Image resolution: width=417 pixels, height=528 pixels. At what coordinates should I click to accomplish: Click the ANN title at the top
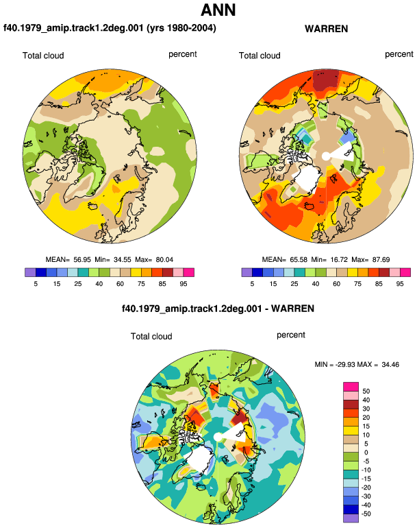(218, 10)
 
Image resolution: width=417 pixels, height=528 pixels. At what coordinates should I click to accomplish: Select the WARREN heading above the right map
(326, 29)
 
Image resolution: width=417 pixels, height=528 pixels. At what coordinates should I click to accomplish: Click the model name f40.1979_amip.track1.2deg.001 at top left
(73, 27)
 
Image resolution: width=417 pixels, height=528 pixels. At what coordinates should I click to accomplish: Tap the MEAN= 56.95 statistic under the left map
(68, 260)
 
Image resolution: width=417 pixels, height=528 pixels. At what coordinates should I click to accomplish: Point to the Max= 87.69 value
(370, 260)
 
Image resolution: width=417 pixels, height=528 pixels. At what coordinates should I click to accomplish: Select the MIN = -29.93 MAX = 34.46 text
(357, 364)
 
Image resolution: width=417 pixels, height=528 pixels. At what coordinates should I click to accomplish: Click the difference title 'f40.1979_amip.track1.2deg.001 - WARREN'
(218, 309)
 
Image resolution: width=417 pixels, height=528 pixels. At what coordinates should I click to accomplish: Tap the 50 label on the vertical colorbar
(366, 392)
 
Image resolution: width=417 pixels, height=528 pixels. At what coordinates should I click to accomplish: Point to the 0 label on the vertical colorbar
(366, 453)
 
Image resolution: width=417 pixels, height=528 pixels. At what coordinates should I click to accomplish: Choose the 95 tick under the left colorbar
(184, 284)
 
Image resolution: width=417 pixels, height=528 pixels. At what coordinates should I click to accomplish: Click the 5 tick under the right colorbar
(252, 284)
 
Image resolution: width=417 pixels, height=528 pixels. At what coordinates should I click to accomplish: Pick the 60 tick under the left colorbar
(120, 284)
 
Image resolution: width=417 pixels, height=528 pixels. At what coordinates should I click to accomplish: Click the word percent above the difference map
(291, 335)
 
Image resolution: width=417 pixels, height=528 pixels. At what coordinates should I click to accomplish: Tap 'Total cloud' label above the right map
(260, 56)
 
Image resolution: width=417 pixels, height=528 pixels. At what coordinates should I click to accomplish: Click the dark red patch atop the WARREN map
(325, 81)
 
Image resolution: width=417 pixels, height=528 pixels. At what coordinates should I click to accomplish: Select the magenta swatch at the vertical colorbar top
(351, 386)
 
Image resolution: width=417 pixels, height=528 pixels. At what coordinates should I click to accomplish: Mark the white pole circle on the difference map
(218, 437)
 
